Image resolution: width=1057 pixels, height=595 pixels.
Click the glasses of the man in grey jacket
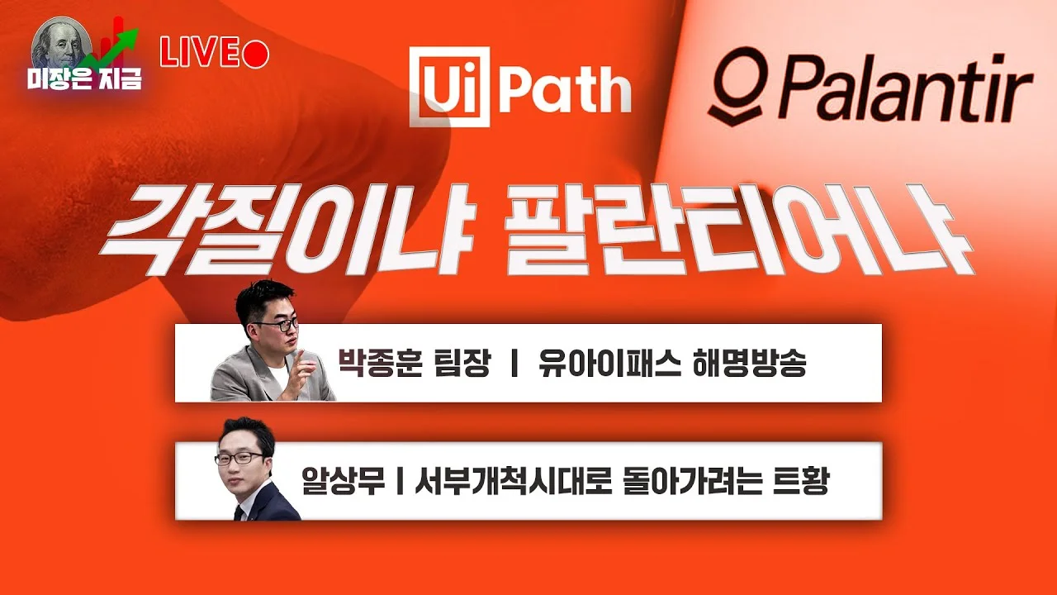tap(273, 325)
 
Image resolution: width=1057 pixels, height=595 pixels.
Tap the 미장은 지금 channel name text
tap(83, 80)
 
